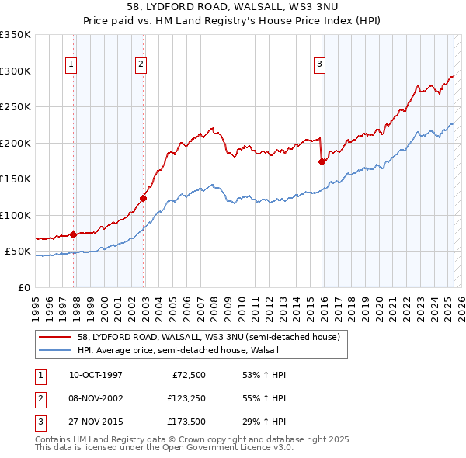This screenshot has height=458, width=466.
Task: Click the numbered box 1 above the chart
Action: click(71, 64)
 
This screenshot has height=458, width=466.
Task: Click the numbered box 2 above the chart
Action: click(141, 64)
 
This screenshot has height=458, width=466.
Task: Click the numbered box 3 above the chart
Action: click(319, 64)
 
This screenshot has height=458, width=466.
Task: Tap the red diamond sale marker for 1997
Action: click(73, 234)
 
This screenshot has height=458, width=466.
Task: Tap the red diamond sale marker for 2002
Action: click(144, 198)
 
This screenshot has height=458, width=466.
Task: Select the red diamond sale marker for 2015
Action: click(322, 161)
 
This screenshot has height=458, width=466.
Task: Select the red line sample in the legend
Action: click(54, 338)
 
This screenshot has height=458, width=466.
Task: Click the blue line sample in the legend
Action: click(54, 350)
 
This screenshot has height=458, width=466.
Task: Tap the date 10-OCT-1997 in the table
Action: click(96, 375)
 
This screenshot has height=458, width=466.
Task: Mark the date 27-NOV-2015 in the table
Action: click(96, 422)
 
